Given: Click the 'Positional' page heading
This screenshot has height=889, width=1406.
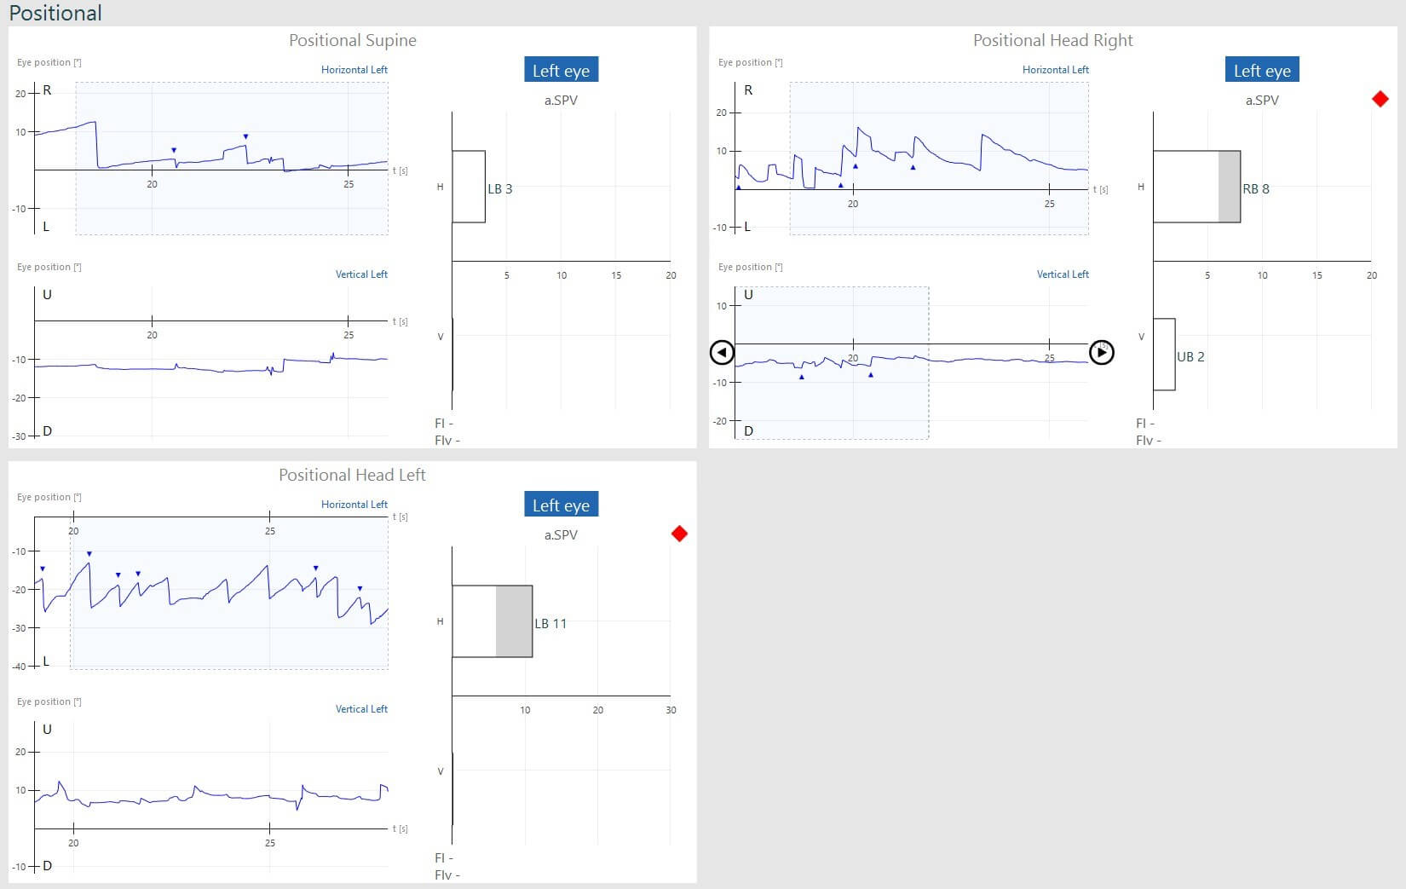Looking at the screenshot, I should click(x=55, y=13).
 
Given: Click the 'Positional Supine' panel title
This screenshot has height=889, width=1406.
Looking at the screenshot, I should click(x=352, y=40).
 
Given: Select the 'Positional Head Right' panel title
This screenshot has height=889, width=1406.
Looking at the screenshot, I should click(x=1052, y=40).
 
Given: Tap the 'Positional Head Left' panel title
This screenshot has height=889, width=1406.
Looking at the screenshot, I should click(x=352, y=475).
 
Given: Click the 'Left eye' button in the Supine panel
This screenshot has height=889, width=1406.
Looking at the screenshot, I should click(x=561, y=70).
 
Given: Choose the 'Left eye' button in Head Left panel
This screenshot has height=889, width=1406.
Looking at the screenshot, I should click(x=561, y=505).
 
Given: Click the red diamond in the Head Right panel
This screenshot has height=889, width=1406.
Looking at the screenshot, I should click(x=1380, y=99).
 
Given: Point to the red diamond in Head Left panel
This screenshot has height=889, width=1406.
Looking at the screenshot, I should click(x=679, y=534).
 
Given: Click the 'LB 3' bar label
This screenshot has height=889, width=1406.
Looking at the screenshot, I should click(x=500, y=189).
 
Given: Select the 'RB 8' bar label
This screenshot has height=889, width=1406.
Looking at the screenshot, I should click(x=1256, y=189).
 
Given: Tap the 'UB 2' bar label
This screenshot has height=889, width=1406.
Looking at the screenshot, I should click(x=1190, y=357).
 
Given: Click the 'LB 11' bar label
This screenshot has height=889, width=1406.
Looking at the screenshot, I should click(x=550, y=624).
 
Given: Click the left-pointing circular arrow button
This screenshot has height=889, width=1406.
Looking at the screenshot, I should click(x=722, y=352).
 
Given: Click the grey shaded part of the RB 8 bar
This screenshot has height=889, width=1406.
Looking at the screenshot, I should click(x=1230, y=187).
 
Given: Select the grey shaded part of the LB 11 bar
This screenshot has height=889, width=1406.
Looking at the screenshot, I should click(x=514, y=621).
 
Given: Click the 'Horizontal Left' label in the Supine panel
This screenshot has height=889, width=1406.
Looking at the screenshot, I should click(x=354, y=70).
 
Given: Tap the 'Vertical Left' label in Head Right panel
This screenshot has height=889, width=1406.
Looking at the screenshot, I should click(x=1063, y=274).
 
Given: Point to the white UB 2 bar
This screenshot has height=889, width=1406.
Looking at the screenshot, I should click(x=1164, y=355).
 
